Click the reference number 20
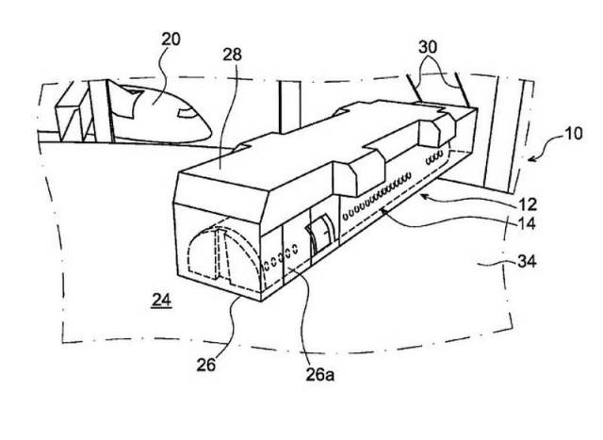click(x=171, y=40)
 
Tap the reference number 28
click(x=233, y=55)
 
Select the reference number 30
click(x=428, y=47)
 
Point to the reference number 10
click(x=573, y=134)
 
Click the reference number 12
click(x=528, y=204)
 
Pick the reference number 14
click(x=527, y=223)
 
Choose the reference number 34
click(x=527, y=262)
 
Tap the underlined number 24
click(x=161, y=300)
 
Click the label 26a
click(x=320, y=375)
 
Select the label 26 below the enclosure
click(x=206, y=365)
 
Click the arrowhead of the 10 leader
click(x=530, y=159)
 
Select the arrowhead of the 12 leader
click(x=424, y=196)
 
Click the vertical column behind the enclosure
click(x=290, y=107)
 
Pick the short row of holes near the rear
click(x=434, y=157)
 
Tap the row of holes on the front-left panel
click(x=280, y=257)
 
